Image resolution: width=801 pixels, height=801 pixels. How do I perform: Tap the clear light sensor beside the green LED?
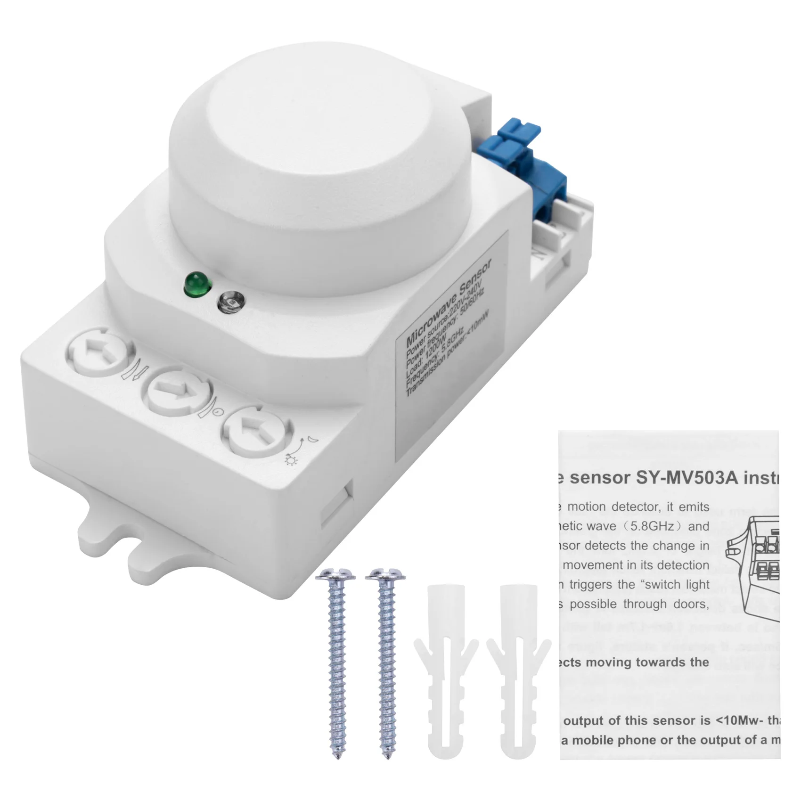230,302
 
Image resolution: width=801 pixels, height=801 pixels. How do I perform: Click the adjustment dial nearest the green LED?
101,353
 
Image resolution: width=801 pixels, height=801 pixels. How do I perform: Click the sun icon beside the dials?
291,459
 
